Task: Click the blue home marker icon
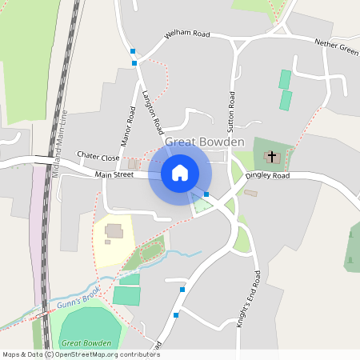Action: tap(180, 173)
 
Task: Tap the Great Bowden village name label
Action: tap(205, 142)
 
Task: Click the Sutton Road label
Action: tap(232, 111)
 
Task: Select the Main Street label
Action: tap(114, 174)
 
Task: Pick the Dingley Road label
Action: tap(266, 175)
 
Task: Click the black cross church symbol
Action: tap(271, 156)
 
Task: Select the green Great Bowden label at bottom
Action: tap(85, 342)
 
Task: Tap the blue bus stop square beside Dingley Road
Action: tap(206, 194)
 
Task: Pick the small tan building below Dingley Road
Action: tap(251, 193)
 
